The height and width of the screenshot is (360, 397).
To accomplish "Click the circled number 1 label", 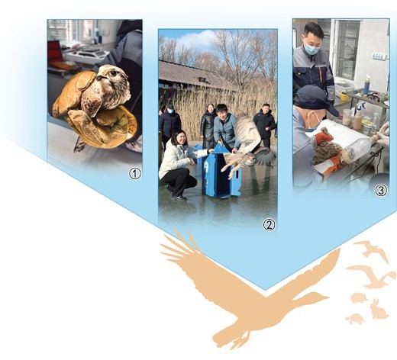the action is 135,174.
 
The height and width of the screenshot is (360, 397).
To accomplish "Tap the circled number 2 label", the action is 269,224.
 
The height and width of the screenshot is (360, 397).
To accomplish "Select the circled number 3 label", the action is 381,191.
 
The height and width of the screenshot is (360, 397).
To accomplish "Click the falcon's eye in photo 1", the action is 113,73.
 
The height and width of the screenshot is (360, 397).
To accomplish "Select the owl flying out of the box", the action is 248,147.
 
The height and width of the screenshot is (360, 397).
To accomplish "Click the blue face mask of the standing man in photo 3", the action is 311,49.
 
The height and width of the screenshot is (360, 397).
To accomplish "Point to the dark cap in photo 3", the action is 316,100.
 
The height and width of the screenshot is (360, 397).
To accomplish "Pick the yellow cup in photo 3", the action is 344,97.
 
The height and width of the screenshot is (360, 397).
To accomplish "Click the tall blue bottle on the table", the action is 366,85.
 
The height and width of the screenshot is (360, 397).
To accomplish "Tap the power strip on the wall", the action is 379,56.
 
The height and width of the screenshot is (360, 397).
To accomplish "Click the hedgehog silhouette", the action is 360,298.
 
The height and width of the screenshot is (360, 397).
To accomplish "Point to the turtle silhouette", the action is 355,318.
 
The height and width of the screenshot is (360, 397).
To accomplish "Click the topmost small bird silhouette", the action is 372,249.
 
